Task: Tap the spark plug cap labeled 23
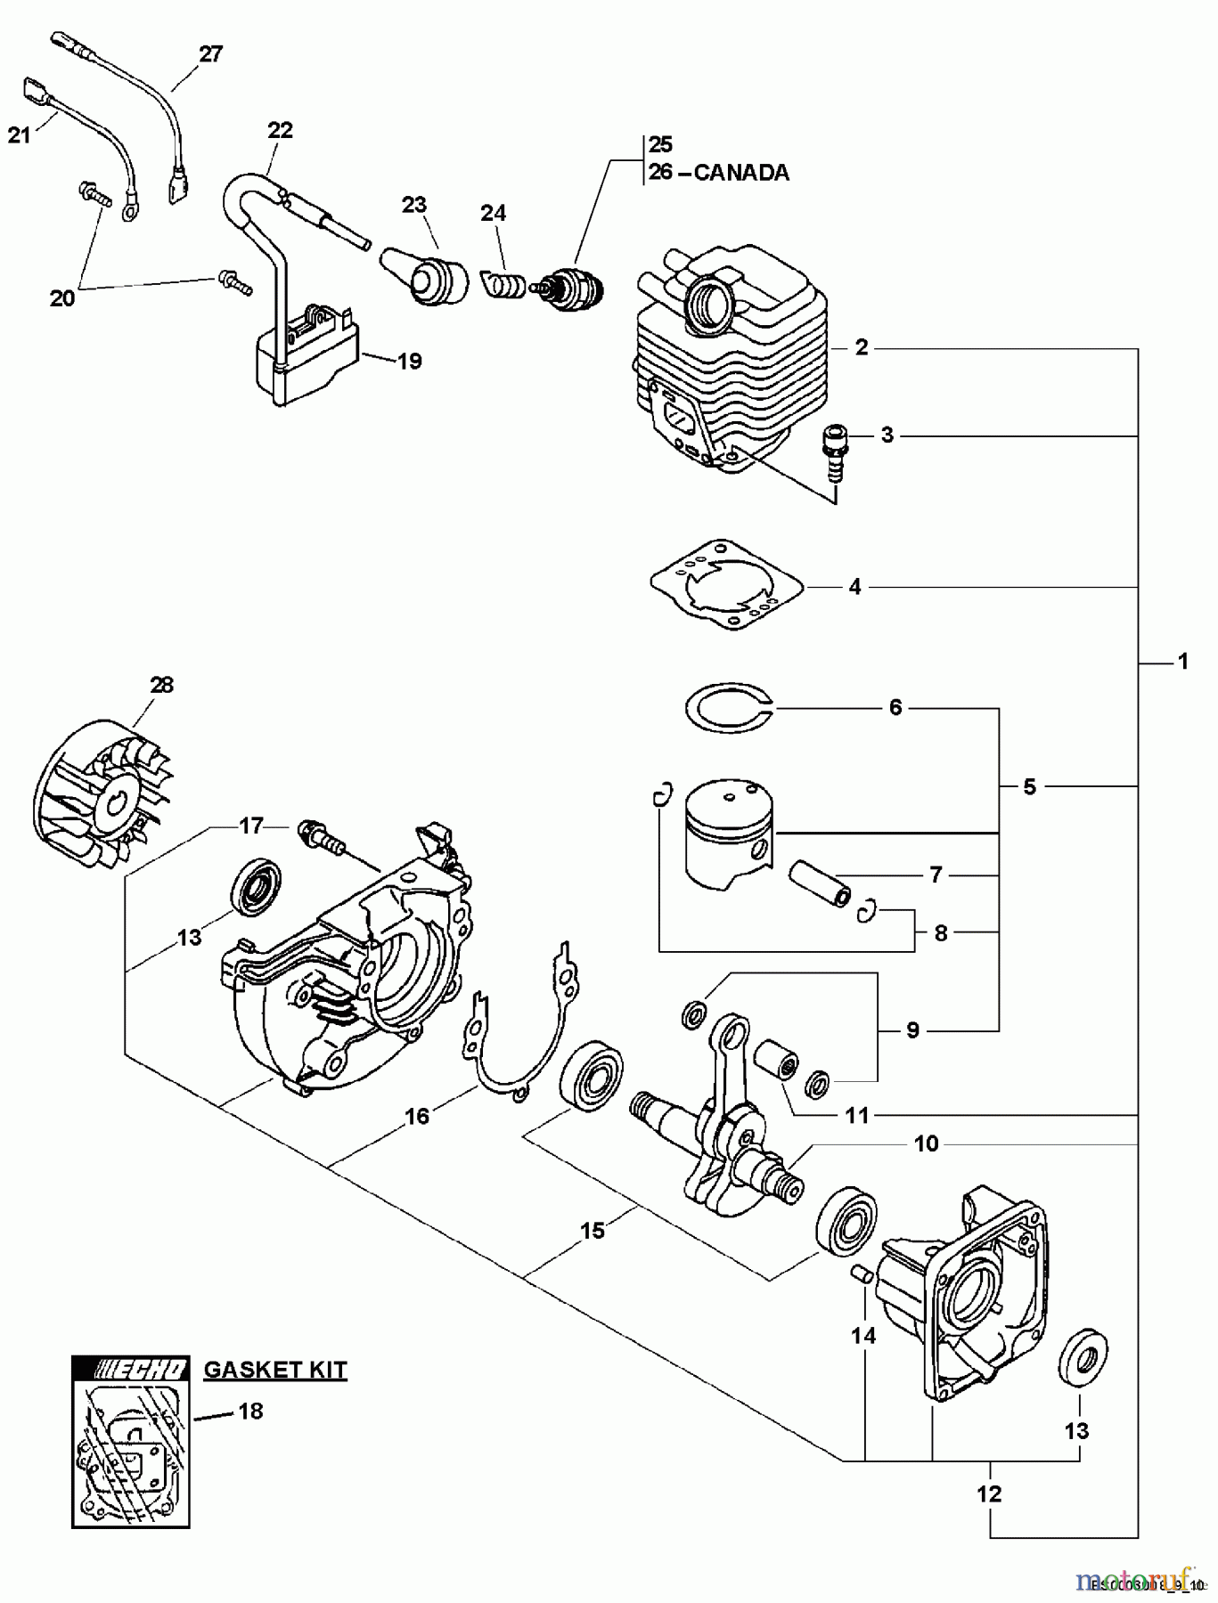pos(427,275)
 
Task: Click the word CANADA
pos(741,172)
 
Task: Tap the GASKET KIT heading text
pos(275,1369)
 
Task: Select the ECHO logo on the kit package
pos(130,1370)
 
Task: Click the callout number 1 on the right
pos(1182,662)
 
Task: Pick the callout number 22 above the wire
pos(280,130)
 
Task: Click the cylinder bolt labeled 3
pos(835,452)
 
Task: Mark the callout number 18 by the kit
pos(251,1411)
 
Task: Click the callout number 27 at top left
pos(210,53)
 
